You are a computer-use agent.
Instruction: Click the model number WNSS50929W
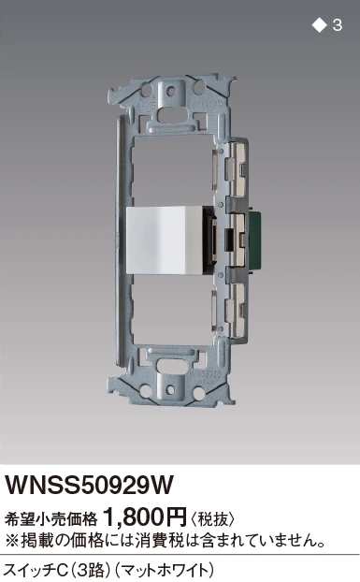(89, 485)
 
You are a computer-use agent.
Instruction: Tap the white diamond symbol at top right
(319, 25)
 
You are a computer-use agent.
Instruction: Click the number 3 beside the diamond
(337, 25)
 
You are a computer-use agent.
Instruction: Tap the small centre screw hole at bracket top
(170, 91)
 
